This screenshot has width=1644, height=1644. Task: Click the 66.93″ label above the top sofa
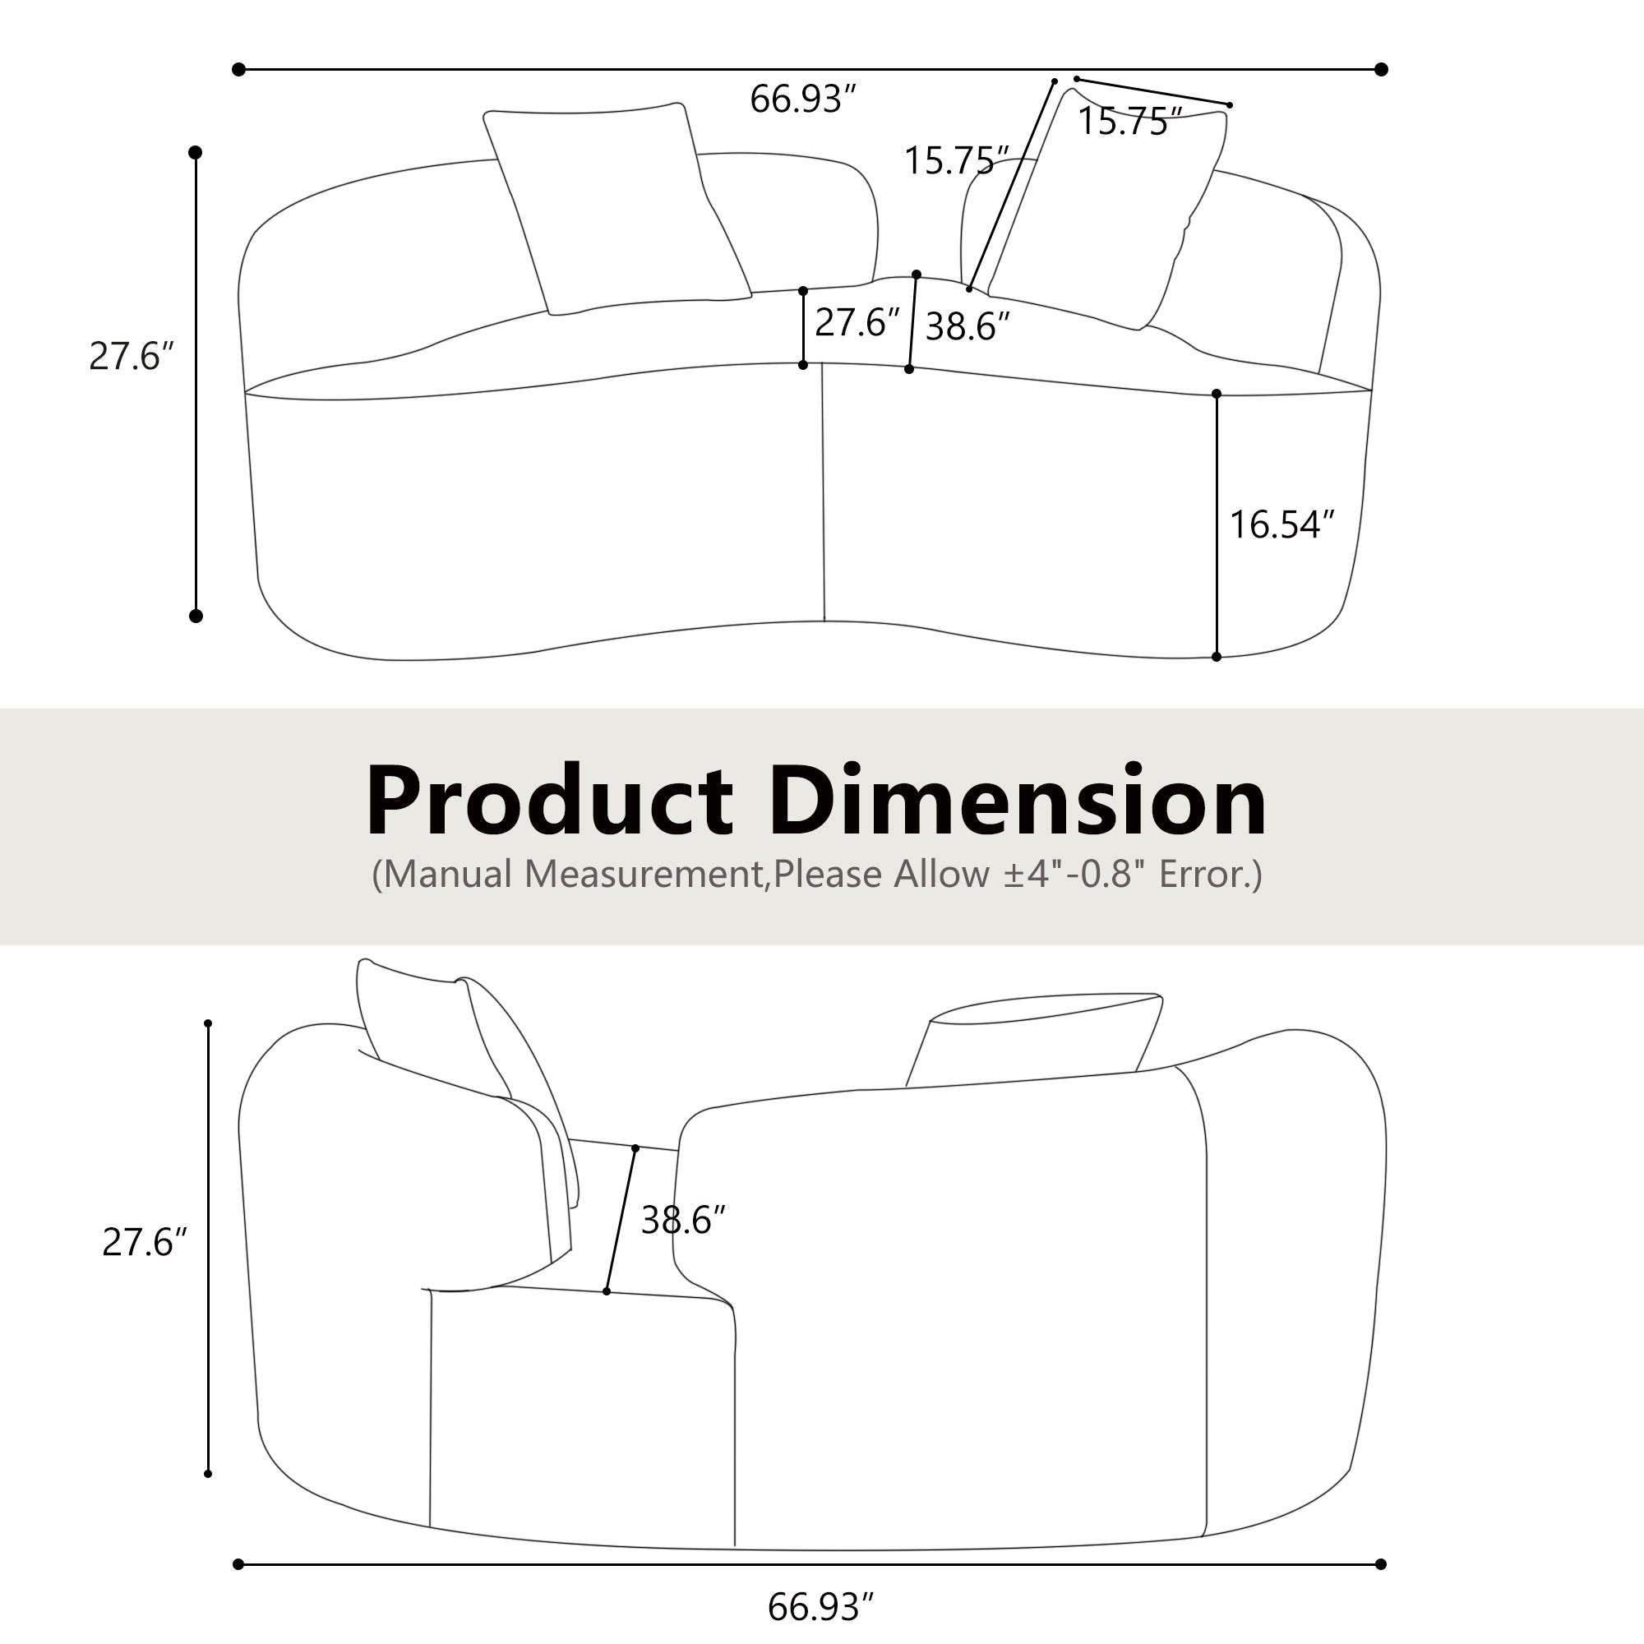(801, 99)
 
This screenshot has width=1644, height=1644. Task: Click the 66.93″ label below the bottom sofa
(820, 1607)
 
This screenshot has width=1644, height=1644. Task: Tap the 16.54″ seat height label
(1281, 524)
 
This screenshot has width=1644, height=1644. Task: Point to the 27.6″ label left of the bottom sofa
(144, 1242)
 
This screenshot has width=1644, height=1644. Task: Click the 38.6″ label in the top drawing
(967, 327)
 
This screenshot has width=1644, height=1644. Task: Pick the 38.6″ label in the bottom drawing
(682, 1220)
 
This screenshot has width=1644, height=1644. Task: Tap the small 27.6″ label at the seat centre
(857, 322)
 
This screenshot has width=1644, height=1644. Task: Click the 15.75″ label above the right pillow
(1130, 122)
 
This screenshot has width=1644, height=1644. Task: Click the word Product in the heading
(550, 802)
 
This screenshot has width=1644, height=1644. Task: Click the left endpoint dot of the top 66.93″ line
(239, 69)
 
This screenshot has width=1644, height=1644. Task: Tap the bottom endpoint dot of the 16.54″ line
(1216, 657)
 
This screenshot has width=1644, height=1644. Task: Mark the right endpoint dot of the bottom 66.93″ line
(1381, 1564)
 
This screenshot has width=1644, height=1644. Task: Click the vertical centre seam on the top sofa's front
(823, 493)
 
